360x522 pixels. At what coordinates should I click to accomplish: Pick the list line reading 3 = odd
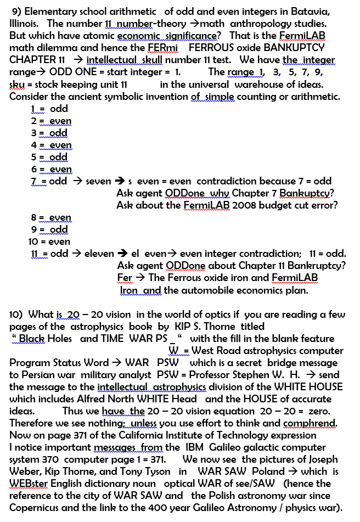click(x=49, y=133)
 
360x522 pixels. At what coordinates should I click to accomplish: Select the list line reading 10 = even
click(x=49, y=242)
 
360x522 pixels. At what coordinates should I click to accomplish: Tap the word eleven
click(x=99, y=254)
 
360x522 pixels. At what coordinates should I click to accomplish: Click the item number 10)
click(x=16, y=315)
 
